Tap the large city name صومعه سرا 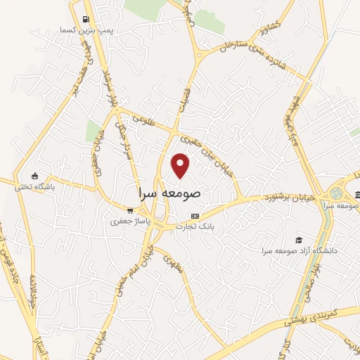[x=171, y=192]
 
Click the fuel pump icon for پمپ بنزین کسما [x=85, y=19]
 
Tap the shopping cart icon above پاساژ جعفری [x=129, y=210]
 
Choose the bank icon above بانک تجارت [x=195, y=215]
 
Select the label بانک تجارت [x=196, y=226]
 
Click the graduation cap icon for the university [x=300, y=240]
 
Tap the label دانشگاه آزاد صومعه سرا [x=300, y=250]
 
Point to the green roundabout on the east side [x=337, y=193]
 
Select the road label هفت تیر [x=84, y=77]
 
